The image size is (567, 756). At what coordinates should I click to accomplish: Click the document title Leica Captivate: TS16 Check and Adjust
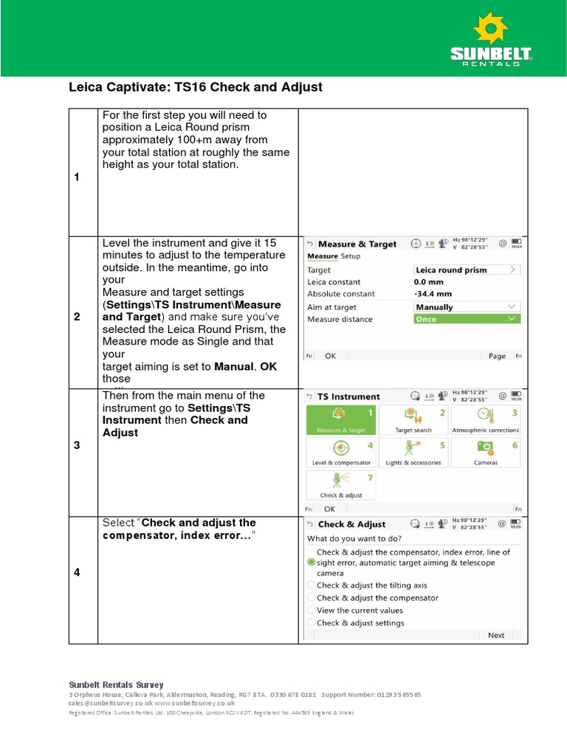coord(196,87)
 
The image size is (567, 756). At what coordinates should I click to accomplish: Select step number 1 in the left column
coord(77,177)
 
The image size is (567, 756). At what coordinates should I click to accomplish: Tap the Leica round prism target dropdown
coord(467,270)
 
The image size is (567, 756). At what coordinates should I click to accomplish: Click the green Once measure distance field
coord(467,319)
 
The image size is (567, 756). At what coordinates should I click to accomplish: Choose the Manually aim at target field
coord(467,307)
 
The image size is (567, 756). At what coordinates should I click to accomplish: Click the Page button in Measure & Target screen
coord(497,356)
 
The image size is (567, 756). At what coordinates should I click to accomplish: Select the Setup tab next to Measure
coord(351,256)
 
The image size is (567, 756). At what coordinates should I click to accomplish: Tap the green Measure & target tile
coord(340,420)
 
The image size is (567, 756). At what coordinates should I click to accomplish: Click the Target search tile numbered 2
coord(413,420)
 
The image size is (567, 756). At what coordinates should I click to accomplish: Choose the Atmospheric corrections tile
coord(485,420)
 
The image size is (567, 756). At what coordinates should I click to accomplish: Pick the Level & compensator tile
coord(340,453)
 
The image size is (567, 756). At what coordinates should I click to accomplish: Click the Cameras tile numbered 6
coord(485,453)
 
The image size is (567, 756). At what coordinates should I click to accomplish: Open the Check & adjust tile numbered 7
coord(340,485)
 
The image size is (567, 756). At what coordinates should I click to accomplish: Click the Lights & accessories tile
coord(413,453)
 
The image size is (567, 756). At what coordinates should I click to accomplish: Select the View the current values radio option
coord(311,611)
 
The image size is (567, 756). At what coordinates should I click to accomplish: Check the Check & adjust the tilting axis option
coord(311,585)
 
